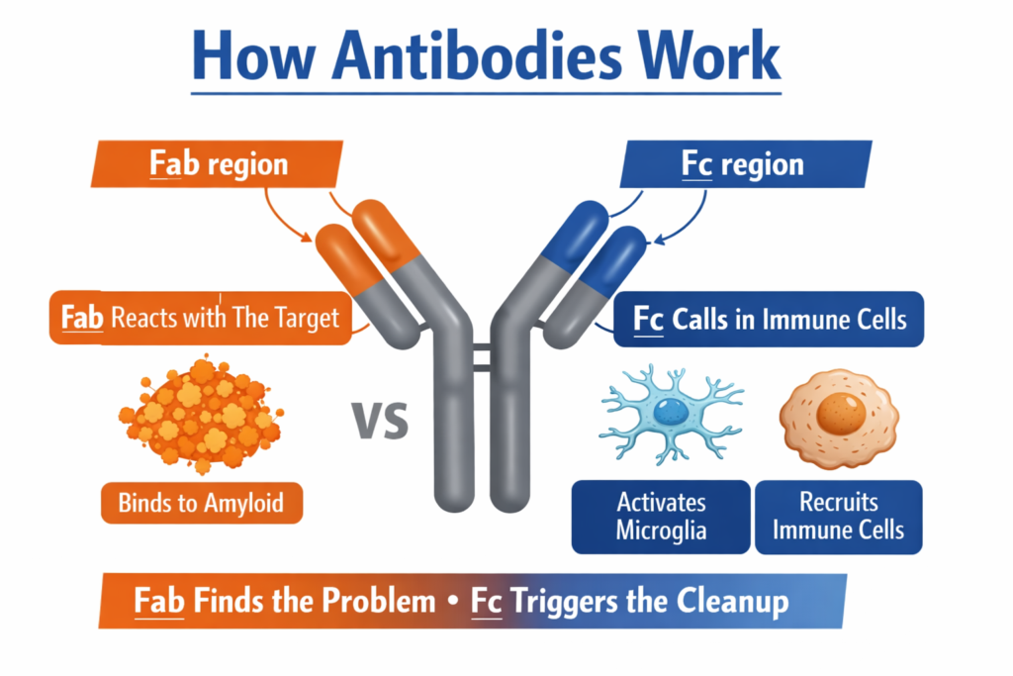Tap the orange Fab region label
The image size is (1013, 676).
point(218,163)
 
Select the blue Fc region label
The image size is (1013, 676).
point(744,163)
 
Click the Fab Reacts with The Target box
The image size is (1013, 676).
point(199,318)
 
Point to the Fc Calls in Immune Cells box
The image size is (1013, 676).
point(769,320)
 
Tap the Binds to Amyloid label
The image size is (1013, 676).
point(201,503)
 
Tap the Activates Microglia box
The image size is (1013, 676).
point(661,516)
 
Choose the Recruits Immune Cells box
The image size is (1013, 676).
point(838,516)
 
